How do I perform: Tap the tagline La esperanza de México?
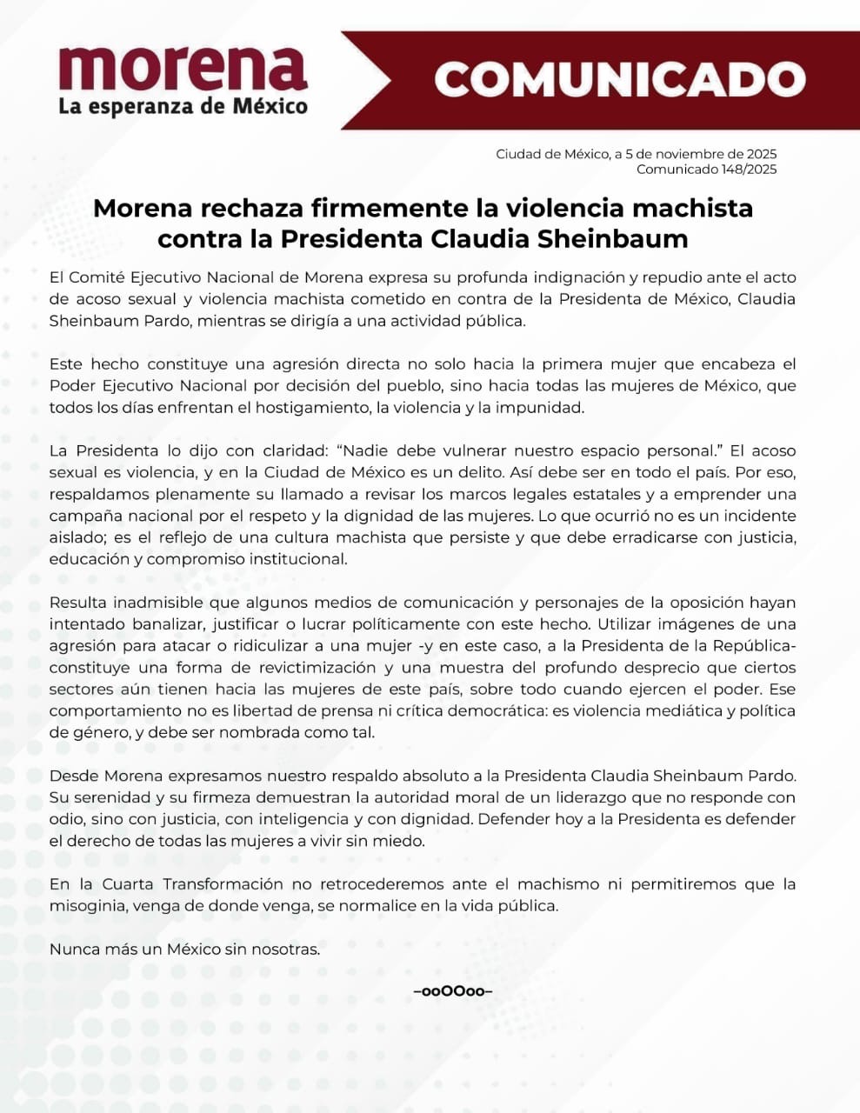coord(183,107)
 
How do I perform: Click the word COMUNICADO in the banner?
coord(619,80)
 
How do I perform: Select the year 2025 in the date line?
coord(759,154)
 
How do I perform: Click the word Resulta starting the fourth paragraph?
coord(77,603)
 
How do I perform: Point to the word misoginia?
coord(86,906)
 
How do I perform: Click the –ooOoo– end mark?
coord(453,991)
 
